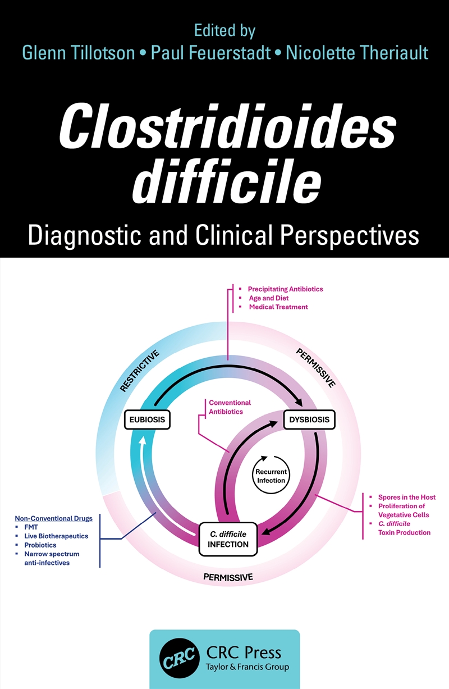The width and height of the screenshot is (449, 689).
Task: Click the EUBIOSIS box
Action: tap(147, 419)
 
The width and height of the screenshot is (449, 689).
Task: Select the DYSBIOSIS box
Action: tap(309, 419)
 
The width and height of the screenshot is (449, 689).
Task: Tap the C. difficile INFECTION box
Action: tap(228, 539)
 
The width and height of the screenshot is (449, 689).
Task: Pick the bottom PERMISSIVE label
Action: tap(228, 577)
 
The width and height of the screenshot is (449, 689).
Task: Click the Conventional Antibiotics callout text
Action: tap(230, 407)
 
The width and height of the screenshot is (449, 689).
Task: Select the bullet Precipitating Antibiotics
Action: tap(285, 289)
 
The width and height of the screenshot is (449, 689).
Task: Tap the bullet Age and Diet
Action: tap(268, 298)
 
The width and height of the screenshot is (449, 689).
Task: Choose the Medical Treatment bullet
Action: tap(278, 307)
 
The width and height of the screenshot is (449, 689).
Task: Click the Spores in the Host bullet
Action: tap(406, 498)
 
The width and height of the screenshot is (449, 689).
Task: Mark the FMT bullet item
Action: tap(31, 527)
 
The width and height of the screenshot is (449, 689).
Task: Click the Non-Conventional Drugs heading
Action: tap(53, 518)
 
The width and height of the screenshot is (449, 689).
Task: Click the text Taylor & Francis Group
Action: tap(248, 668)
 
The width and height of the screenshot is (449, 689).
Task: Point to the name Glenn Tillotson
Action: tap(78, 53)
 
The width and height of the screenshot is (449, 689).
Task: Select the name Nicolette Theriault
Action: tap(357, 53)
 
